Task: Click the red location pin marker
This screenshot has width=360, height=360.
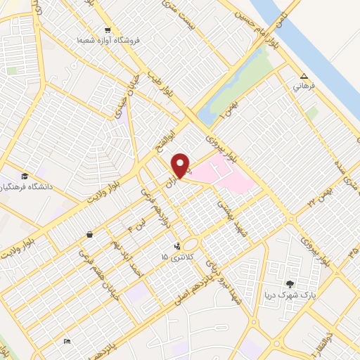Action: [x=181, y=165]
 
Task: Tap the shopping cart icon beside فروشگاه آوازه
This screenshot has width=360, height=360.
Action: [x=108, y=30]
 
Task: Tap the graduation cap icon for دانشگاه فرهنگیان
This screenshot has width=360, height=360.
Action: [x=25, y=176]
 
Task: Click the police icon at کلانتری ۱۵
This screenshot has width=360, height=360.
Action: [x=176, y=246]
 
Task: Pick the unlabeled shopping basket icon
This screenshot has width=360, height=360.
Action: [x=89, y=235]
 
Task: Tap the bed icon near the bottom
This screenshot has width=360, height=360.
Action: [x=67, y=342]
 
